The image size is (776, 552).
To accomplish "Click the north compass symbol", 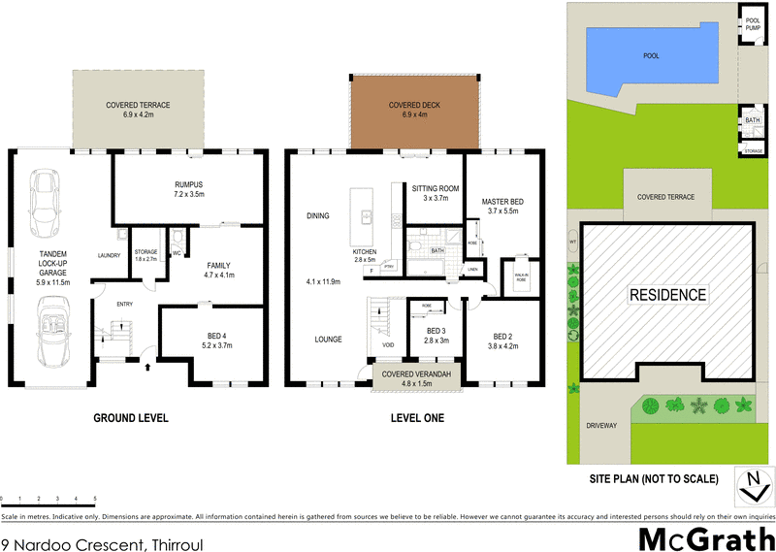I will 750,485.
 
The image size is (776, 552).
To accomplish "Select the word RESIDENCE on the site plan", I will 667,294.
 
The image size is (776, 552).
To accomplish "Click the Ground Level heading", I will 130,418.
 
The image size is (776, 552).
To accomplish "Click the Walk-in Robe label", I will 521,278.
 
